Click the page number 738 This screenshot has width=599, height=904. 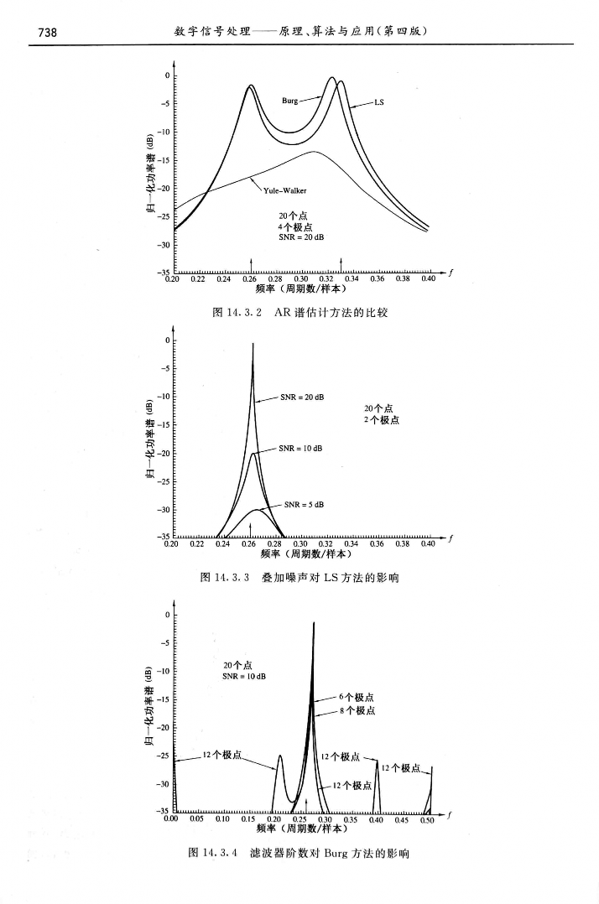click(43, 32)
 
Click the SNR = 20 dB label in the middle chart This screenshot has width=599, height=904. click(302, 396)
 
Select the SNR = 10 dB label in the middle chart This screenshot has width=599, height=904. click(300, 449)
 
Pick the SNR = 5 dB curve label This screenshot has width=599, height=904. click(304, 505)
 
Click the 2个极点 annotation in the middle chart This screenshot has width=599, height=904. click(380, 418)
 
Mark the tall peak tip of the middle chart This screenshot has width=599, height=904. click(253, 344)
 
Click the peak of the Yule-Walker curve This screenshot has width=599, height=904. click(314, 152)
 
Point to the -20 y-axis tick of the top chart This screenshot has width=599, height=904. click(164, 189)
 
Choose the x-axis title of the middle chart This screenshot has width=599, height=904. click(305, 553)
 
